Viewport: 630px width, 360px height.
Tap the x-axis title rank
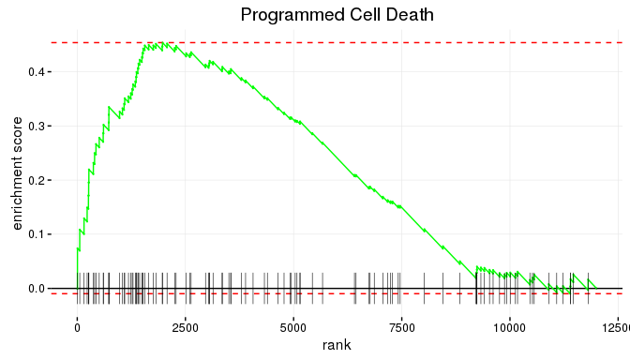(x=337, y=346)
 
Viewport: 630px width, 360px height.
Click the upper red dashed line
(x=375, y=42)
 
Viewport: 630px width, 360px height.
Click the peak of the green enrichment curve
(x=162, y=42)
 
